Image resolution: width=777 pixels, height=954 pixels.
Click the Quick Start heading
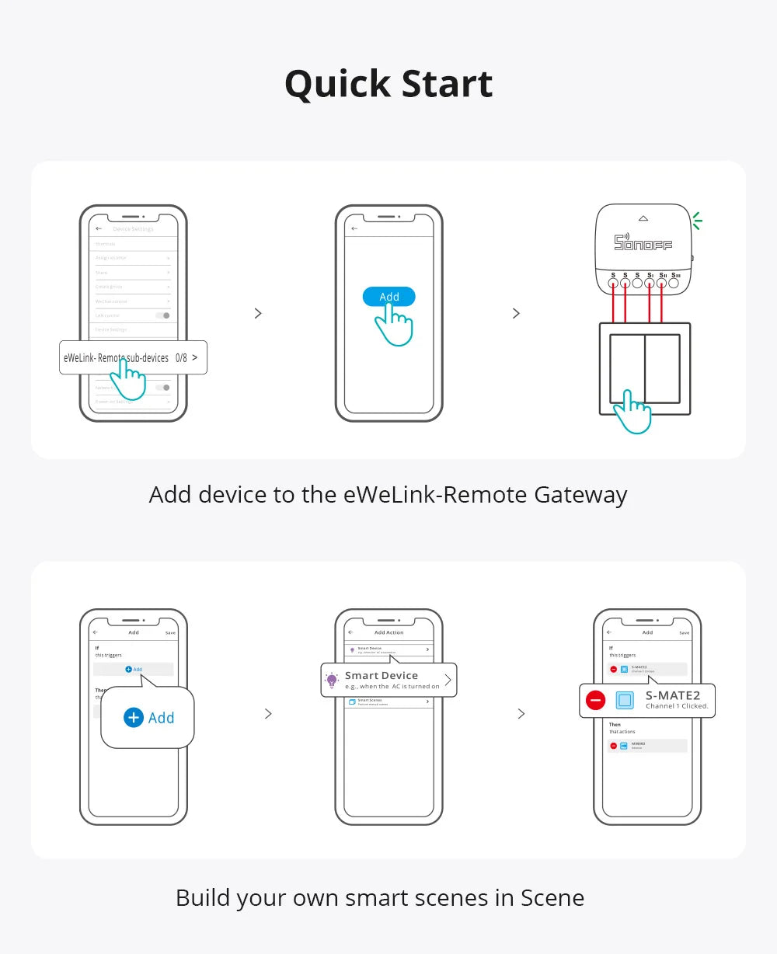coord(388,84)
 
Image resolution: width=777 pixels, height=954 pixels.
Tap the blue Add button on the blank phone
coord(388,297)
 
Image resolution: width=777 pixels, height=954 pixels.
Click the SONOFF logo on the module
coord(643,242)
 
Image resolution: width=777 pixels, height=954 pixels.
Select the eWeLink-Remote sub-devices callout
coord(117,357)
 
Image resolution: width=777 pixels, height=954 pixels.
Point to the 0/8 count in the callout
coord(181,358)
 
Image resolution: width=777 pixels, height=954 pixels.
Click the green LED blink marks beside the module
coord(697,221)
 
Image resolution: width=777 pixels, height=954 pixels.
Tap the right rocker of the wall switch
coord(662,368)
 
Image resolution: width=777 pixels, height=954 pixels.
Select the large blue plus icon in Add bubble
coord(134,717)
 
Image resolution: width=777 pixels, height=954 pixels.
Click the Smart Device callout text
coord(382,676)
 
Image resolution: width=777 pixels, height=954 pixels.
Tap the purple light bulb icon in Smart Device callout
coord(332,681)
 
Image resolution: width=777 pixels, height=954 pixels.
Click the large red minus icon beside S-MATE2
coord(596,700)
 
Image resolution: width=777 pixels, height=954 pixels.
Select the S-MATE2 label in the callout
coord(673,695)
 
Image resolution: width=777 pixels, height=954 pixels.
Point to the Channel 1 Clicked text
coord(677,706)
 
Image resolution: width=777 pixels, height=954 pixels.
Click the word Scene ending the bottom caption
coord(552,897)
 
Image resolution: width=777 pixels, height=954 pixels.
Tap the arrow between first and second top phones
coord(258,313)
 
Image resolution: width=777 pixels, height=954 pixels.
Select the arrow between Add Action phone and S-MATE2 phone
coord(521,713)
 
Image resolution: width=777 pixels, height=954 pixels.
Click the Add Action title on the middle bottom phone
coord(389,632)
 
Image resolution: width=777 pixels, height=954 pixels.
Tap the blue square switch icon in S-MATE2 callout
coord(625,700)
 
